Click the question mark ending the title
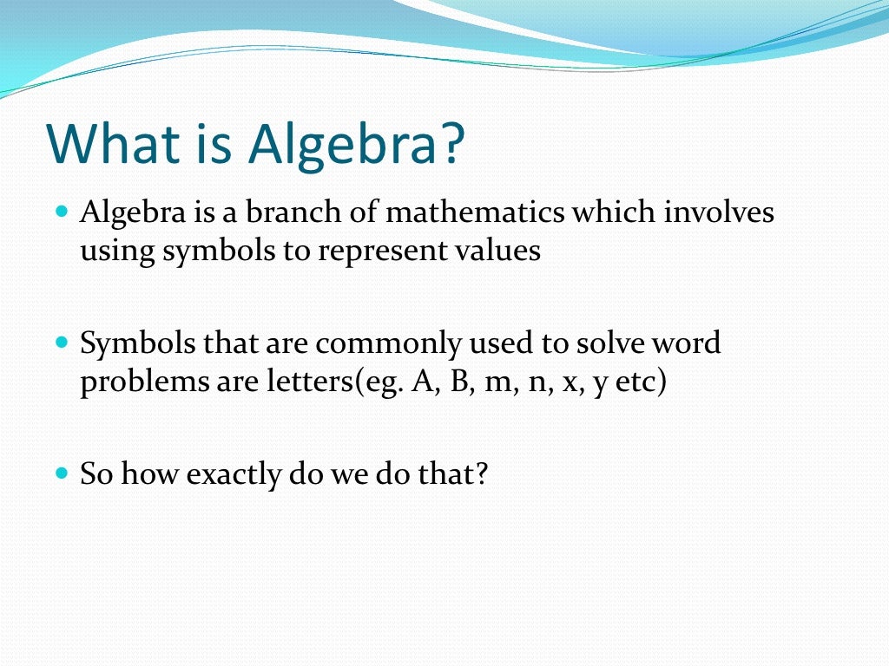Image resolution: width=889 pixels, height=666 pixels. click(446, 144)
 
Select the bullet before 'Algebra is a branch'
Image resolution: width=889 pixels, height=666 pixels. click(61, 211)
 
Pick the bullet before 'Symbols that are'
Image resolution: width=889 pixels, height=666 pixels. click(61, 343)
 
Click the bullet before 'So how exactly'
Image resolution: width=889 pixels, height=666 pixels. click(61, 474)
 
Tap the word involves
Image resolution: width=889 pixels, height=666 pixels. click(719, 212)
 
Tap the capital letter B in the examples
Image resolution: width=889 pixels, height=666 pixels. click(458, 382)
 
